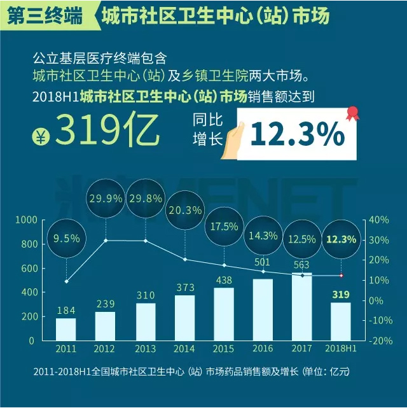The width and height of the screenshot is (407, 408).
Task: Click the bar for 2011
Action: click(66, 329)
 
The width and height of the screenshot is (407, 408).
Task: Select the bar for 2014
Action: click(184, 318)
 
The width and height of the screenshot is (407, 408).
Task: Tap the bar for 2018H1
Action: click(341, 321)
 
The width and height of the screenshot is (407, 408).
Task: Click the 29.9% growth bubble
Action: click(106, 199)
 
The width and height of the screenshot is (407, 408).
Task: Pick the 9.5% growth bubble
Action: click(66, 239)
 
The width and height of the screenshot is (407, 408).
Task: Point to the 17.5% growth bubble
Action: click(224, 226)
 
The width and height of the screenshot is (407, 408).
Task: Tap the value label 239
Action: click(106, 304)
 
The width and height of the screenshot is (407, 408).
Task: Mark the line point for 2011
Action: click(66, 281)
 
